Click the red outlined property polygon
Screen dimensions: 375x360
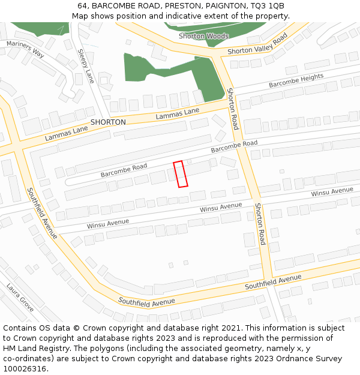181,174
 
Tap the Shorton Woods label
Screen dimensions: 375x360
203,37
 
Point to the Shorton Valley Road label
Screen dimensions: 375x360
257,46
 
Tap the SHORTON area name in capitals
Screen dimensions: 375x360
108,122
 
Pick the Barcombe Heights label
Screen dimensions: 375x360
296,80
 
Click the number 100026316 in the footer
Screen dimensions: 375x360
24,369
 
